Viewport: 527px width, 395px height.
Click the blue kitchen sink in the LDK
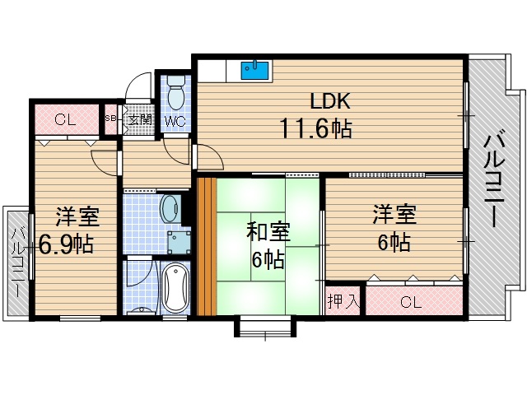(x=256, y=70)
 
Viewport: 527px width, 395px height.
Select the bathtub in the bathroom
(x=175, y=287)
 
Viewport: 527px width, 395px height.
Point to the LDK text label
(x=330, y=101)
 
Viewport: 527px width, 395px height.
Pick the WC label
(x=175, y=122)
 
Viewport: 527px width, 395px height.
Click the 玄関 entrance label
(x=140, y=119)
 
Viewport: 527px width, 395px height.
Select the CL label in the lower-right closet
(x=410, y=302)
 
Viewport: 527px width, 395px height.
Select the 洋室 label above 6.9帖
(x=77, y=217)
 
